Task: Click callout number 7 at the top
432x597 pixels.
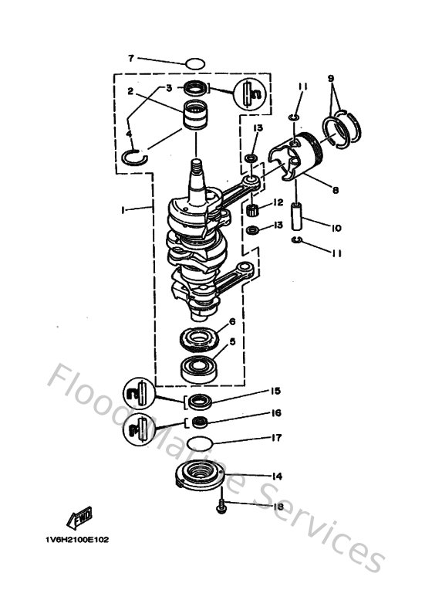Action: (x=131, y=58)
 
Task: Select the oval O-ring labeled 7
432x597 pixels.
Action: (x=196, y=63)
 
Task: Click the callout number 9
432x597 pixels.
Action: (x=331, y=78)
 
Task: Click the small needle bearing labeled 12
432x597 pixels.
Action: (x=252, y=207)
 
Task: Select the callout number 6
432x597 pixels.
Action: (x=232, y=321)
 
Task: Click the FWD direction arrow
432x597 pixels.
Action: (x=79, y=515)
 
